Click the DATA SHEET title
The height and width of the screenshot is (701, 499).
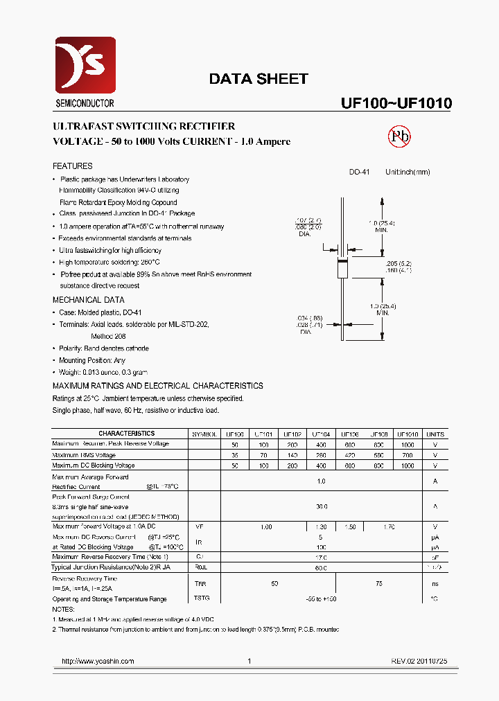click(258, 79)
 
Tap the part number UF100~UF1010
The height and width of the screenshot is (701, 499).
click(396, 103)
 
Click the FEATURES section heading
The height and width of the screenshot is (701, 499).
click(73, 166)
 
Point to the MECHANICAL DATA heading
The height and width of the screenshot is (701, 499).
click(89, 300)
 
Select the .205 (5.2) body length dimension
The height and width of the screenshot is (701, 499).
click(398, 264)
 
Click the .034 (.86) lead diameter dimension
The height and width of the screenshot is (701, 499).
click(309, 318)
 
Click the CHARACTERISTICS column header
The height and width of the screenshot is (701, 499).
click(122, 434)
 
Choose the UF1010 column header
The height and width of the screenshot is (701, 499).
click(408, 434)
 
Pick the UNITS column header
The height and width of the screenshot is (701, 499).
click(435, 434)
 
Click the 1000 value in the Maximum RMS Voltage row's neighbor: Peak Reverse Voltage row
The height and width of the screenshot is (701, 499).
click(408, 444)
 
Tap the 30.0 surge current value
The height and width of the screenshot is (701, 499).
click(321, 506)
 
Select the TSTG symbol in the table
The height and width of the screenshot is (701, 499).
click(202, 598)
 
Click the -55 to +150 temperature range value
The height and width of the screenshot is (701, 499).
click(321, 598)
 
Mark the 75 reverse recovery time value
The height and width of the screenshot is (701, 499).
click(379, 584)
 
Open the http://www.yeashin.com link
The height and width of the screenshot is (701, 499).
click(98, 662)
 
